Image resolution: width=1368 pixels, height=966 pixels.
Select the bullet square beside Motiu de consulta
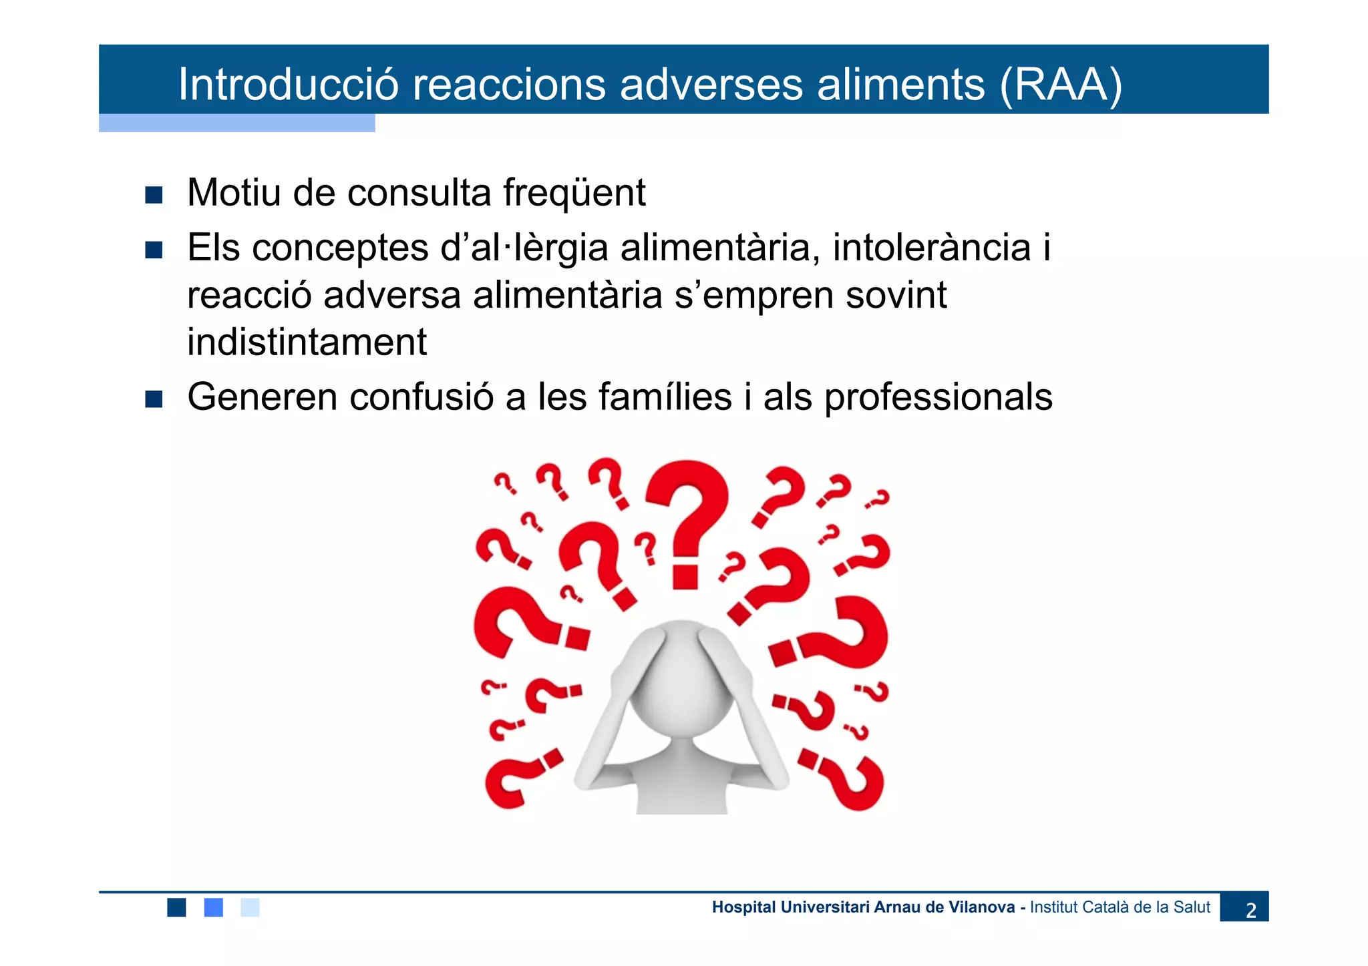coord(154,195)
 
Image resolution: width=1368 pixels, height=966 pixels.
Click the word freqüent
coord(574,193)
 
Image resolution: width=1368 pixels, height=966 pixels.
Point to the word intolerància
coord(932,248)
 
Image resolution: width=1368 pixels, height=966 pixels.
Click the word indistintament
coord(307,342)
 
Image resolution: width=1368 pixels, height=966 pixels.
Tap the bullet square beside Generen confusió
coord(154,399)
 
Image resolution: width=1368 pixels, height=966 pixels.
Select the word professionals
coord(938,397)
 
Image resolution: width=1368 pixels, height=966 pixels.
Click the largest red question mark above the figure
coord(687,521)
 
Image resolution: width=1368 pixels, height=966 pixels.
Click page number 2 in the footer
coord(1250,909)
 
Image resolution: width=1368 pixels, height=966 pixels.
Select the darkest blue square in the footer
coord(176,907)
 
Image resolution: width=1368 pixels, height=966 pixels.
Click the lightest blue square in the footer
coord(250,907)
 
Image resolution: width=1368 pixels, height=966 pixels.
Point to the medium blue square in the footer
coord(213,907)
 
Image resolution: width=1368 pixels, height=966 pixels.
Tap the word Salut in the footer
coord(1192,907)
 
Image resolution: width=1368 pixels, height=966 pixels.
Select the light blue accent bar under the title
coord(236,123)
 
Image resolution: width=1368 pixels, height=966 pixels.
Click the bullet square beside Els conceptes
coord(154,250)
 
